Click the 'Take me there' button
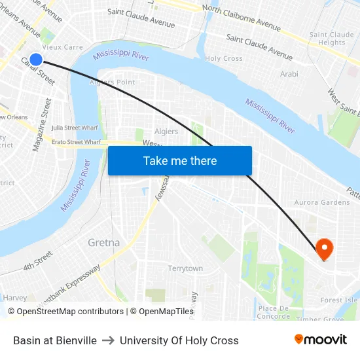tap(179, 161)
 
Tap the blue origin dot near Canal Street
tap(36, 60)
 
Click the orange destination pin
tap(324, 248)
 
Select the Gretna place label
tap(103, 243)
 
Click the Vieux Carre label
tap(62, 47)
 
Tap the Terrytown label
tap(185, 268)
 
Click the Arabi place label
tap(289, 74)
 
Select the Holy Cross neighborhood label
tap(224, 58)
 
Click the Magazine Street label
tap(42, 125)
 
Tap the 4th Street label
tap(37, 261)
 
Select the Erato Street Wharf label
tap(77, 141)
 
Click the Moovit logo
tap(320, 340)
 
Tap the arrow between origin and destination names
tap(108, 340)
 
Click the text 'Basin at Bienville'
tap(55, 340)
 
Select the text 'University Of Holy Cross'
tap(179, 340)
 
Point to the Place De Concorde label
tap(274, 312)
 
